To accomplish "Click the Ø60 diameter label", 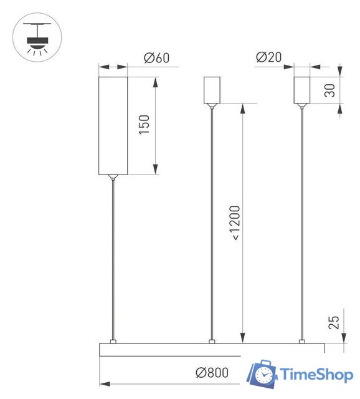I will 156,58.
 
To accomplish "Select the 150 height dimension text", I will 144,125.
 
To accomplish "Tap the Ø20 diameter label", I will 268,57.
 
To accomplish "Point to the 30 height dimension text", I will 330,90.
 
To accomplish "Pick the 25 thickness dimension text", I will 333,322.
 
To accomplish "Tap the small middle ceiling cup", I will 212,90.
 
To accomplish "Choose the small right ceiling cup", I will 302,90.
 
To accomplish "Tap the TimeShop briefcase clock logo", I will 262,375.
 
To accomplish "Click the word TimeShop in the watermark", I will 317,375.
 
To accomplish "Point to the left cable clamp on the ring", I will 113,341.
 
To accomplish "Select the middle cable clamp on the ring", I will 212,341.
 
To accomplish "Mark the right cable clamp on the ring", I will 302,341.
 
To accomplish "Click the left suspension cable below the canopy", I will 113,262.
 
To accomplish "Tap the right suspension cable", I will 302,224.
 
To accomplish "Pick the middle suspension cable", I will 212,224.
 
